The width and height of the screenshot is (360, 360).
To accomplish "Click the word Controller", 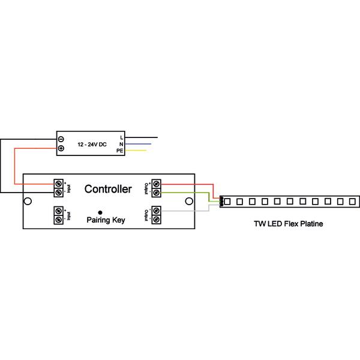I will tap(108, 189).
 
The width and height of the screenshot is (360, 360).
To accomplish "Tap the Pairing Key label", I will tap(106, 221).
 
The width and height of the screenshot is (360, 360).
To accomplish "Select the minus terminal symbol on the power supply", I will tap(61, 139).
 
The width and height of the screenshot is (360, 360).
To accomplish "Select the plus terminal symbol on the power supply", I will tap(61, 148).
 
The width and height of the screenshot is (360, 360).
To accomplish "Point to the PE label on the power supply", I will tap(120, 151).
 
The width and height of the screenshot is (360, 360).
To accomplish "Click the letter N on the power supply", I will tap(121, 145).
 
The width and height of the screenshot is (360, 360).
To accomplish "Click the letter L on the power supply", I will tap(122, 139).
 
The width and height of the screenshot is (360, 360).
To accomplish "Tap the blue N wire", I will tap(141, 145).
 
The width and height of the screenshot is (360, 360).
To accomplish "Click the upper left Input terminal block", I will tap(59, 188).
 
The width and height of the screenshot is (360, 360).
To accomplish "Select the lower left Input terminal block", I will tap(59, 215).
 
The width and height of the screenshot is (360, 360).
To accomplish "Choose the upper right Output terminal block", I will tap(157, 188).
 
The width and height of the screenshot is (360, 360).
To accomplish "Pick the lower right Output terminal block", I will tap(157, 215).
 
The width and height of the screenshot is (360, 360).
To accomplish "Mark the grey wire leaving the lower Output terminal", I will tap(186, 211).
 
